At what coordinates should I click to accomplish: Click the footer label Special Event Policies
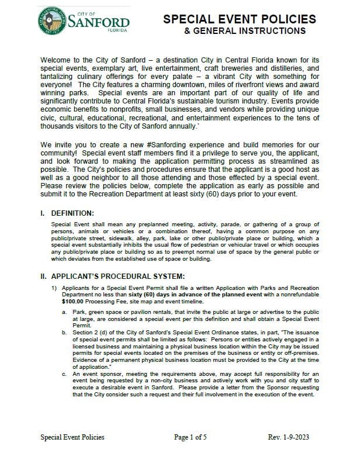(72, 453)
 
